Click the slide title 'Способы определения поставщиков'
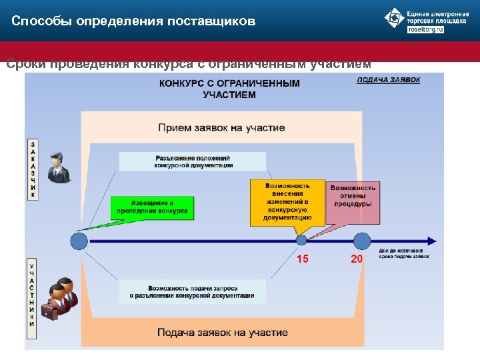click(133, 21)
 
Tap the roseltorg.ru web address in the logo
click(425, 30)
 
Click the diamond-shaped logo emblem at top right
click(393, 19)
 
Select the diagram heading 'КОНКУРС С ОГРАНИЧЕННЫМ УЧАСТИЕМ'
click(229, 89)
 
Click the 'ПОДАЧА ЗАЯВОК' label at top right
click(389, 79)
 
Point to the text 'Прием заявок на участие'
click(221, 127)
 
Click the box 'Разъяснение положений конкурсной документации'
click(193, 161)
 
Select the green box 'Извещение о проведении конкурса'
click(152, 207)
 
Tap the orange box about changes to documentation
click(287, 202)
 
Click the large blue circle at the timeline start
click(79, 240)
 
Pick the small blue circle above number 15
click(302, 240)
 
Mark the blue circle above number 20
click(362, 240)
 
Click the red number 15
click(303, 259)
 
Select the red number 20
click(357, 259)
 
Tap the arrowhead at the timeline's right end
click(433, 240)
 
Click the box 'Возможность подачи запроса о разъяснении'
click(192, 291)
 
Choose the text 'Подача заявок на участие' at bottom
click(223, 332)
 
